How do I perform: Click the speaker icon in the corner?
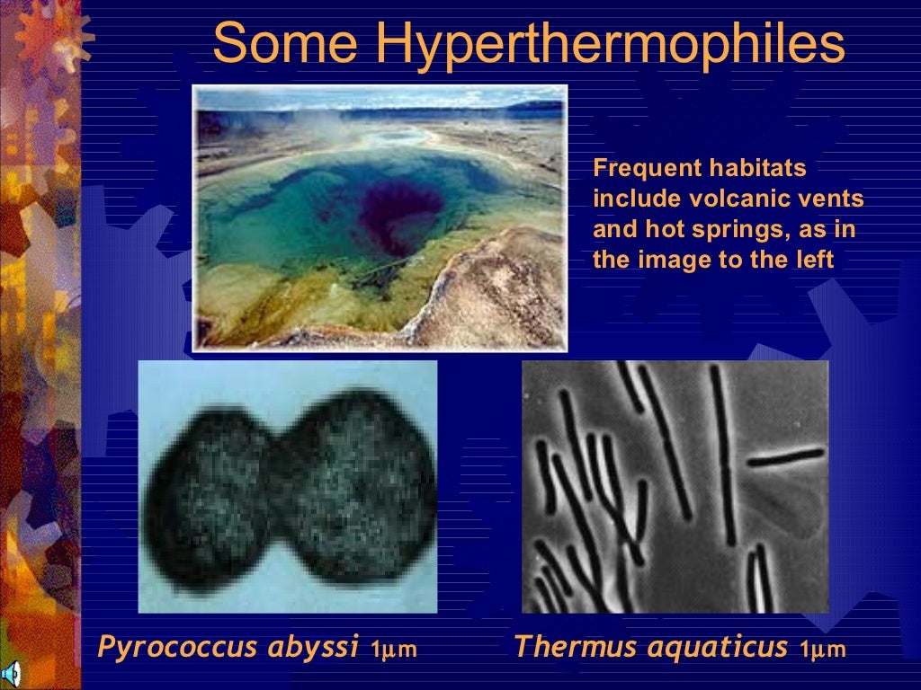11,675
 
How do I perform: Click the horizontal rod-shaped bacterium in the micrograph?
784,456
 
